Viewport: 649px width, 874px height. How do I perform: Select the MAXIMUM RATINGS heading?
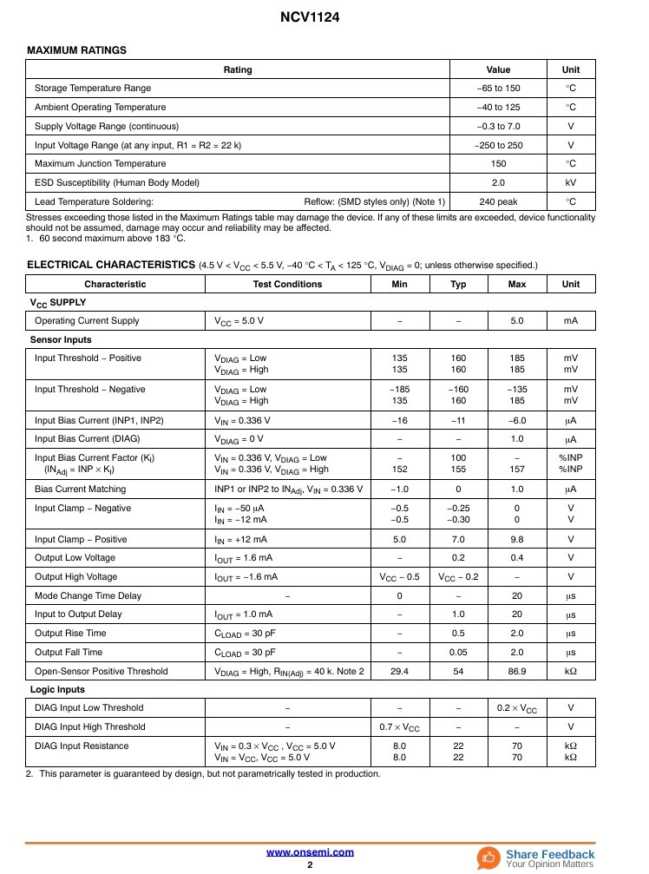click(77, 50)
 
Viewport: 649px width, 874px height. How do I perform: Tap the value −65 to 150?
click(498, 89)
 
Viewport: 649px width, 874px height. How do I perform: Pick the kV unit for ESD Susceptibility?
click(570, 183)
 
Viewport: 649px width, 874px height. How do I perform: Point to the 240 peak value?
click(498, 202)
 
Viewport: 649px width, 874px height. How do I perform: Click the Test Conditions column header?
click(287, 285)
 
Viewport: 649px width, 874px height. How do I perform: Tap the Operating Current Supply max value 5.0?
click(517, 321)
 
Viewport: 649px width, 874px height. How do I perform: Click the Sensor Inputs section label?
click(61, 339)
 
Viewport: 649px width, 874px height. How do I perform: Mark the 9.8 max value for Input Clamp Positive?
click(517, 540)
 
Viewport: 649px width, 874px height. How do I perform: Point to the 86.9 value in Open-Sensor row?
click(517, 672)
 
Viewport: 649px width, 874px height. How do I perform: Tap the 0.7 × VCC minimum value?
click(399, 727)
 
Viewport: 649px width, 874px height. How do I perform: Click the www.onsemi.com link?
click(310, 852)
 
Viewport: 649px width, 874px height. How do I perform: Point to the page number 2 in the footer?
click(310, 865)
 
